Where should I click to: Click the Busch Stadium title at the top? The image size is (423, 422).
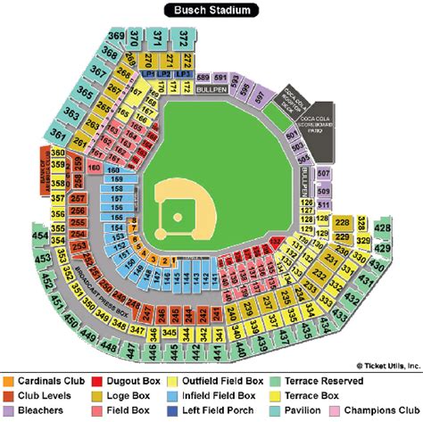(211, 11)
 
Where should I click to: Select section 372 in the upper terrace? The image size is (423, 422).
(184, 37)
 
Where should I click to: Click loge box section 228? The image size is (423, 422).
(342, 222)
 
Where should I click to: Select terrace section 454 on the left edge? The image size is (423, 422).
(39, 236)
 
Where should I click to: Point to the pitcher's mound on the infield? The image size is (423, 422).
(178, 217)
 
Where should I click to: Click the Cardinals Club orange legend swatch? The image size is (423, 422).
(8, 381)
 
